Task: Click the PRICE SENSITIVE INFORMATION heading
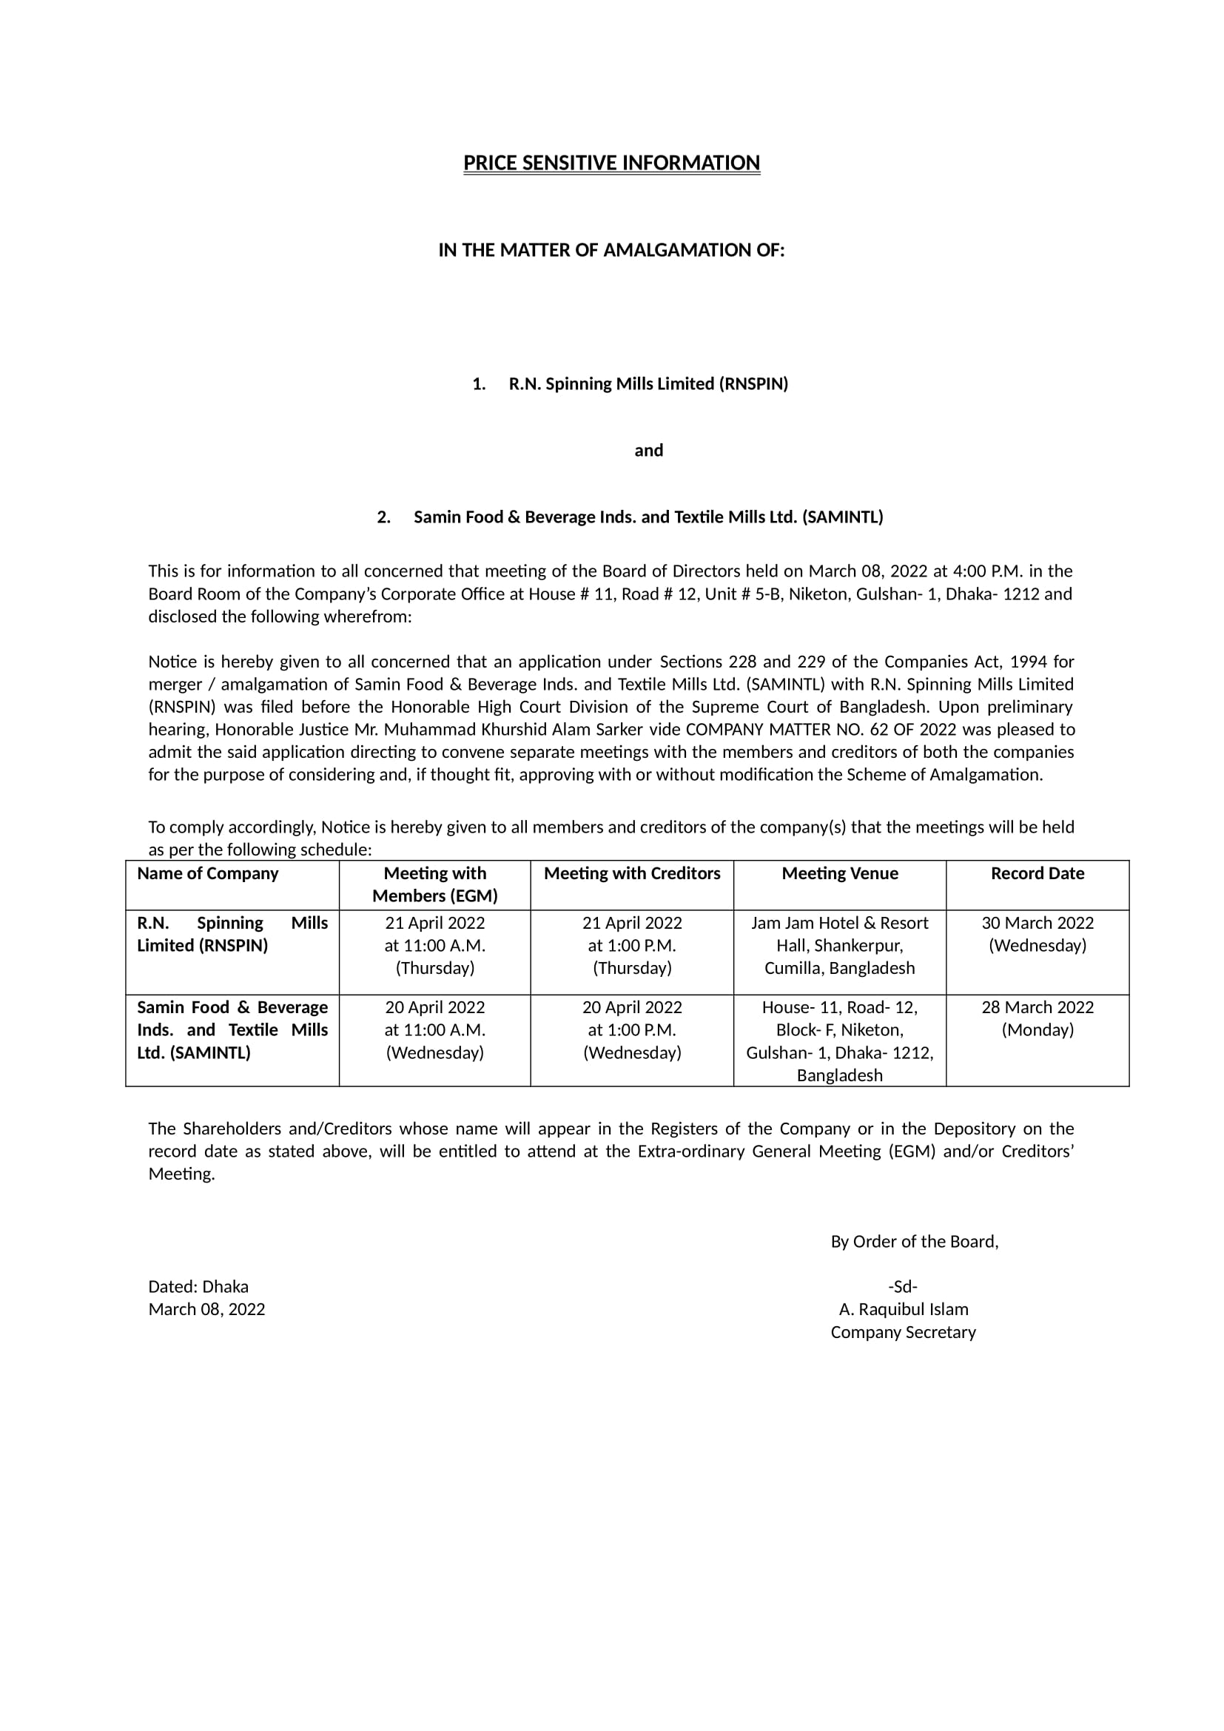(x=611, y=164)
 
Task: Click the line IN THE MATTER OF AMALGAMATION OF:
(x=611, y=250)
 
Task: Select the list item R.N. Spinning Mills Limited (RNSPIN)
(x=648, y=384)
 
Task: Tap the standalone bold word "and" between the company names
(x=648, y=451)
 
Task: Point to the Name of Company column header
(x=208, y=873)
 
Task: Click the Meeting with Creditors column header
(x=631, y=873)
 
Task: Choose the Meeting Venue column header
(x=840, y=873)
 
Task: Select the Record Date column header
(x=1037, y=873)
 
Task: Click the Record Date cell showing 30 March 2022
(x=1037, y=934)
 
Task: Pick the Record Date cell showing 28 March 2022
(x=1037, y=1018)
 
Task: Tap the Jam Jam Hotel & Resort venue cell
(x=840, y=945)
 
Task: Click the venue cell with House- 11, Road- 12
(x=840, y=1041)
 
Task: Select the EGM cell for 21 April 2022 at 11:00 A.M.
(x=435, y=945)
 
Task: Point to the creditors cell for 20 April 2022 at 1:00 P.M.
(x=631, y=1030)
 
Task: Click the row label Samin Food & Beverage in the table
(x=232, y=1030)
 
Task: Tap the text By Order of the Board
(x=914, y=1242)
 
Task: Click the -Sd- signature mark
(x=903, y=1287)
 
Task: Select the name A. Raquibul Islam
(x=903, y=1310)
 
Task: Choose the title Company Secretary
(x=903, y=1332)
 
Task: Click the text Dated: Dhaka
(x=198, y=1287)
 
